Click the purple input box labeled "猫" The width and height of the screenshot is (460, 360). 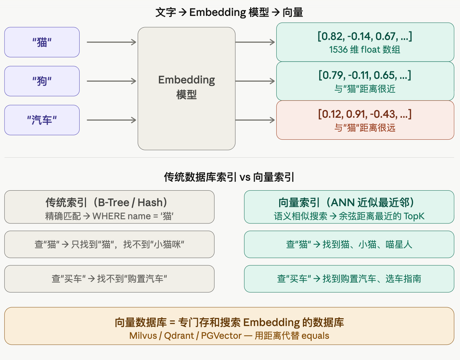pos(42,42)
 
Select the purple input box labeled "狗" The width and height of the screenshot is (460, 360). pos(42,81)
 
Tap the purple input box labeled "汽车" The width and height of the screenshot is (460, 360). pos(42,120)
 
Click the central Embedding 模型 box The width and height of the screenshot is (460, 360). pos(186,88)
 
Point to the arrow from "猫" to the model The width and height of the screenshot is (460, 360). pos(111,42)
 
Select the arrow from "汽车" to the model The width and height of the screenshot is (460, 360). pos(111,120)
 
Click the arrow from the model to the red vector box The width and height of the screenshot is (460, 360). pos(255,120)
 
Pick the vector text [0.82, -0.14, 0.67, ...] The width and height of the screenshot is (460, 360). pos(365,36)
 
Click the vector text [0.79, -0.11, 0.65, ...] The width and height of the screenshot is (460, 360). pos(365,75)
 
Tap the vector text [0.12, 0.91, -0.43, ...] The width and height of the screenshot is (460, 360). pos(365,114)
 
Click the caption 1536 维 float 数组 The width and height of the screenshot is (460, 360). pos(365,50)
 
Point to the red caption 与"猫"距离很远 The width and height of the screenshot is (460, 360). pos(365,128)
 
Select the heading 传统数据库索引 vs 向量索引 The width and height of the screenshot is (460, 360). pos(229,177)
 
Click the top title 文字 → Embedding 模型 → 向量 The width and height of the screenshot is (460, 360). pos(229,12)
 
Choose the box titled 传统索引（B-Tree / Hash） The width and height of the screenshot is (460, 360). pos(109,207)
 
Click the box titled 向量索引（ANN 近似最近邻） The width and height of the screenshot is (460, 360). pos(349,207)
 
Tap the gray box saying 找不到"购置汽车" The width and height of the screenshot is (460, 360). pos(109,279)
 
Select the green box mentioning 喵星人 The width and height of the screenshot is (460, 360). pos(349,244)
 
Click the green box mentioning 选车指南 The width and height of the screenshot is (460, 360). pos(349,279)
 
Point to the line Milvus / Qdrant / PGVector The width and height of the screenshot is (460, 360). pos(229,336)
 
